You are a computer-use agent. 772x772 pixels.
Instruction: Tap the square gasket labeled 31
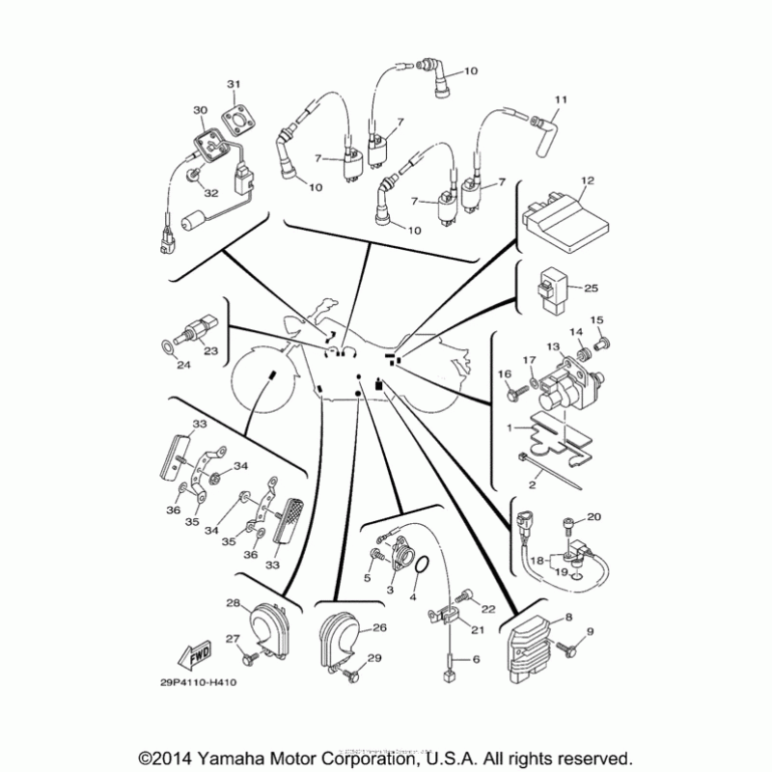(x=233, y=120)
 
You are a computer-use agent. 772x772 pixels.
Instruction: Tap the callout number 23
(x=209, y=351)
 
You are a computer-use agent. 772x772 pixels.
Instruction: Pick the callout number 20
(x=594, y=517)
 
